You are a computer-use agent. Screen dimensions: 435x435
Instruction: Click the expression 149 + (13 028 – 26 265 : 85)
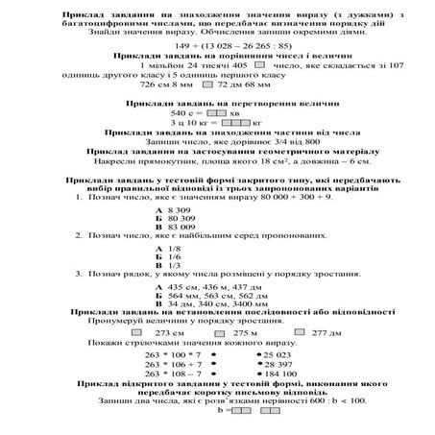[x=217, y=45]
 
